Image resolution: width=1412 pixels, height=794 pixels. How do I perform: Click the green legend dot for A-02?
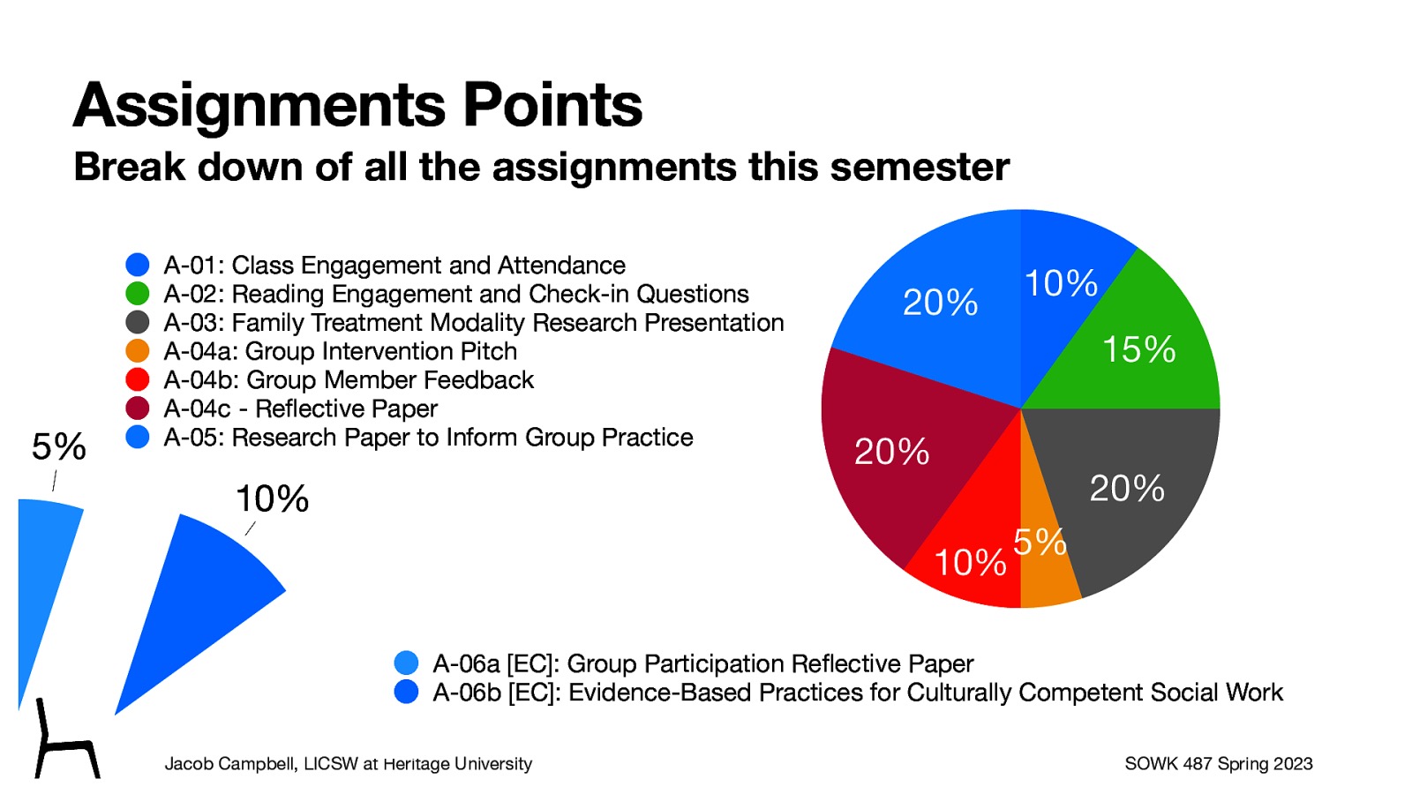tap(138, 293)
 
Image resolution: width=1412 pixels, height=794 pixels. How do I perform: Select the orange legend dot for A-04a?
tap(138, 350)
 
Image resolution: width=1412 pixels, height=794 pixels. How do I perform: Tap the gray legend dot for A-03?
tap(138, 322)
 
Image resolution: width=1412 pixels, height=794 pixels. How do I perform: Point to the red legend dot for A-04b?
tap(138, 379)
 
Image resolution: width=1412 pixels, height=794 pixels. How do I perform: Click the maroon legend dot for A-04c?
tap(138, 408)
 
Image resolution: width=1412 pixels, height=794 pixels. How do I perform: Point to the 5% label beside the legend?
tap(59, 446)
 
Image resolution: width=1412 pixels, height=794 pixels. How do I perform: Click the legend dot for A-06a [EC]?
tap(406, 663)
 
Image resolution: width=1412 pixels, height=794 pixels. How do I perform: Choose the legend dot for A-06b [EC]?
tap(406, 692)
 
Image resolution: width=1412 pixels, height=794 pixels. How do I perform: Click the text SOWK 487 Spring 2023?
tap(1218, 763)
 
